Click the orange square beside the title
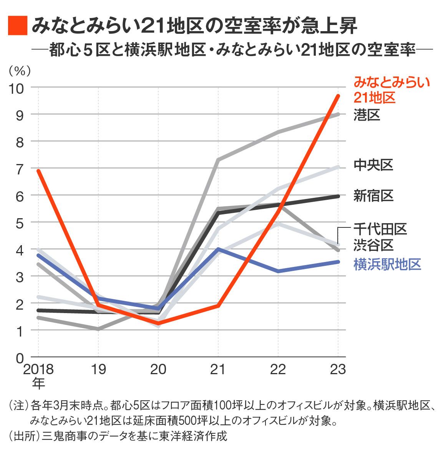[18, 26]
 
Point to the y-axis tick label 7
[19, 169]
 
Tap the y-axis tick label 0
[19, 358]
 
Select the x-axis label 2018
[38, 369]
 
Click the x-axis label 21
[218, 369]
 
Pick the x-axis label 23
[338, 369]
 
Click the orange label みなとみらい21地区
[391, 90]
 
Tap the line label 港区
[367, 115]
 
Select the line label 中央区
[373, 166]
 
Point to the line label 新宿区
[373, 196]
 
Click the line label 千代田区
[380, 229]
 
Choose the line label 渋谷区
[373, 245]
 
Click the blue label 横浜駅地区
[387, 264]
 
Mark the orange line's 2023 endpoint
[338, 96]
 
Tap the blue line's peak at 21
[218, 249]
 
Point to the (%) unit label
[20, 71]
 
